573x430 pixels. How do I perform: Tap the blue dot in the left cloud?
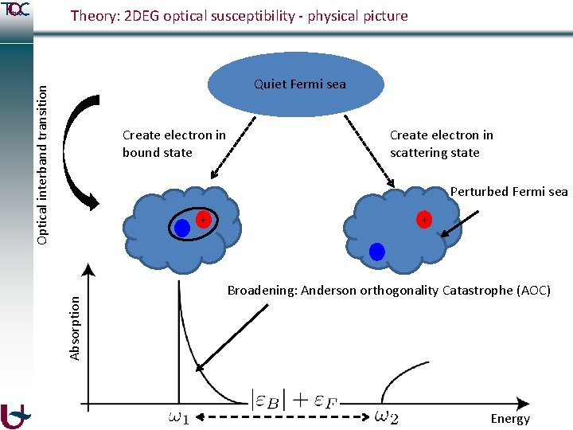coord(182,228)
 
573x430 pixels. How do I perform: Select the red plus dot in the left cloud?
coord(204,219)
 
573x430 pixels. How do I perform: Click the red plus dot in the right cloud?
coord(424,220)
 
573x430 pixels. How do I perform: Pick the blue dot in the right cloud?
coord(377,252)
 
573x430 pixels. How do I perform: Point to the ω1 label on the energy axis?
coord(179,416)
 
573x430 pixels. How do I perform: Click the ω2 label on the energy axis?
coord(386,416)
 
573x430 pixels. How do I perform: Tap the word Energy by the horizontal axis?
coord(510,419)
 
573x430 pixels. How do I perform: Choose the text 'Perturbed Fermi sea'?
coord(509,191)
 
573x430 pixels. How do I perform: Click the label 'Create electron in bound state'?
coord(173,143)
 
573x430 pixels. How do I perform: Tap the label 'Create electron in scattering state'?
coord(441,143)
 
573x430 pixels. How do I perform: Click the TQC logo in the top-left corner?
coord(16,10)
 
